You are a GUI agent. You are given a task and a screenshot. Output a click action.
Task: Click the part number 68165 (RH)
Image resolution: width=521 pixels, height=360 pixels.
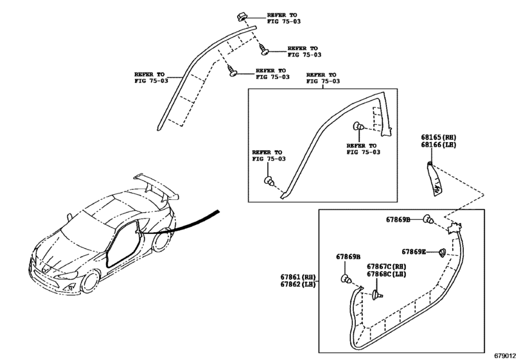pyautogui.click(x=439, y=138)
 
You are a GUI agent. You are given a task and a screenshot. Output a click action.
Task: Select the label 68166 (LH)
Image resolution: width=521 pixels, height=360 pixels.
pyautogui.click(x=439, y=145)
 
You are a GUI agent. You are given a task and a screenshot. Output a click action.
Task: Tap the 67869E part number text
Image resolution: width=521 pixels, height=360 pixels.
pyautogui.click(x=414, y=251)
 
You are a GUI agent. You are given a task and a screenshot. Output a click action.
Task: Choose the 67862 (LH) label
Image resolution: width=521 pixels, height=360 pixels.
pyautogui.click(x=298, y=285)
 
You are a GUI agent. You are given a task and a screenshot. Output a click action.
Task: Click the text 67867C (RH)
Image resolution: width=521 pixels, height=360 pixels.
pyautogui.click(x=387, y=267)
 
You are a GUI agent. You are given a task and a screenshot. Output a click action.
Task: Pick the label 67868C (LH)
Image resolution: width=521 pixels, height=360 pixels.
pyautogui.click(x=387, y=274)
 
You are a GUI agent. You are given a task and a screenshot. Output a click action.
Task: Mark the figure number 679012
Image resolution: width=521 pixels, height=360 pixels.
pyautogui.click(x=505, y=355)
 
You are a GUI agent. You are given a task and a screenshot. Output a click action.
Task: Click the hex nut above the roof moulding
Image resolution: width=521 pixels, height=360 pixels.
pyautogui.click(x=242, y=16)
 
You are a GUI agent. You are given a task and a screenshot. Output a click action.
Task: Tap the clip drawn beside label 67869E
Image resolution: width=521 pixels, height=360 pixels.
pyautogui.click(x=442, y=253)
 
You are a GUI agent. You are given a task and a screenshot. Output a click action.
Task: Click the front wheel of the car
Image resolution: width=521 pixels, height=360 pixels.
pyautogui.click(x=91, y=281)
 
